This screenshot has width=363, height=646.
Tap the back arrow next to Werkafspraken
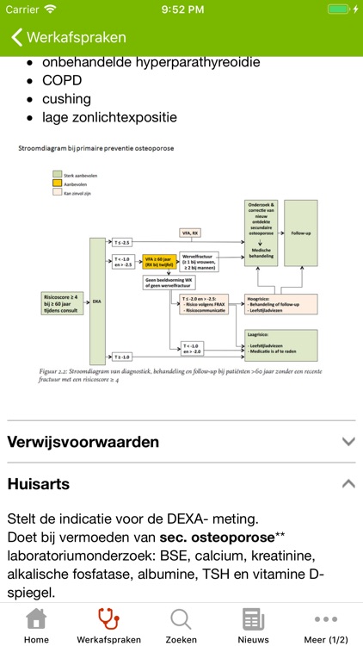point(15,38)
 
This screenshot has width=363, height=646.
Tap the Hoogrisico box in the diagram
point(280,303)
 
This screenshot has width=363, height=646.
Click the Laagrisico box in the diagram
point(280,343)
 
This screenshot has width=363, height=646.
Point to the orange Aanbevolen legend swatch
point(58,183)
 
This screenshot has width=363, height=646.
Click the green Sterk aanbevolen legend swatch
point(58,173)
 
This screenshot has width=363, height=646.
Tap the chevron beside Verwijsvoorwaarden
point(348,442)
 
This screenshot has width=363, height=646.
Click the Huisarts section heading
point(39,484)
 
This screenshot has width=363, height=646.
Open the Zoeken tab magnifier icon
point(181,619)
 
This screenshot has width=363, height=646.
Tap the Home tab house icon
point(36,619)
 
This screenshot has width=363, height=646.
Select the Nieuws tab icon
point(253,619)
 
